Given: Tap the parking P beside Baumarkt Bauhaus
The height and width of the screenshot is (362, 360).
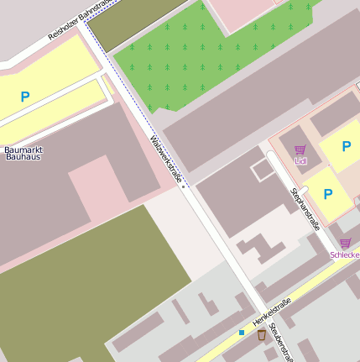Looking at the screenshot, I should point(25,97).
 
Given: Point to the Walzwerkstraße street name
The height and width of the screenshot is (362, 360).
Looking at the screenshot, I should point(166,159).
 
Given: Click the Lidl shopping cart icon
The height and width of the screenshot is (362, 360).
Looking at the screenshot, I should point(300,150).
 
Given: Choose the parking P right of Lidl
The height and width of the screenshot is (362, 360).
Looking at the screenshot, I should point(346,146).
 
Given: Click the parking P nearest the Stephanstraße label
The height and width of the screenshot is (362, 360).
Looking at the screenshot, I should point(328,194).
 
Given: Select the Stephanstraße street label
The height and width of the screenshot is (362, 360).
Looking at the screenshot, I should point(305,208).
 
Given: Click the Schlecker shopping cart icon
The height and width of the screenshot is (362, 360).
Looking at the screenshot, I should point(345,243).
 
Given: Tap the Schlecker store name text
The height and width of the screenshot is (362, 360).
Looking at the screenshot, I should point(345,254).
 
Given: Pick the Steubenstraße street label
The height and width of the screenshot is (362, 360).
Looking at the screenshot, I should point(282,344).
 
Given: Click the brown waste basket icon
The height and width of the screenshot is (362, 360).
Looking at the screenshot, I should point(262,334).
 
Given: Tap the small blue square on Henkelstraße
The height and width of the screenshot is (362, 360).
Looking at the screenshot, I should point(242,333).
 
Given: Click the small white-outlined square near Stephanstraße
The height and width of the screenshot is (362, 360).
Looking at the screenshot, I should point(263,169).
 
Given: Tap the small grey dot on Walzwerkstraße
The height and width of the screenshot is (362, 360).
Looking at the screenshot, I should point(183,187).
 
